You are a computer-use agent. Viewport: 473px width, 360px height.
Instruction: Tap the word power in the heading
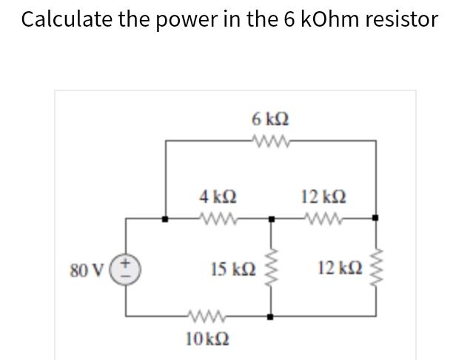pyautogui.click(x=189, y=19)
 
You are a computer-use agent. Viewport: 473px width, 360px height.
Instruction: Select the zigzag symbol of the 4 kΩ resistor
pyautogui.click(x=219, y=219)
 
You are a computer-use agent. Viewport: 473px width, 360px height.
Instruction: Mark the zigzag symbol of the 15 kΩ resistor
pyautogui.click(x=271, y=266)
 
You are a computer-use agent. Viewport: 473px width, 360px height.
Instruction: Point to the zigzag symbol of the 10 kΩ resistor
pyautogui.click(x=201, y=316)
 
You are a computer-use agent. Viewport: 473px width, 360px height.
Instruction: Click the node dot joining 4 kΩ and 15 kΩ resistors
pyautogui.click(x=271, y=219)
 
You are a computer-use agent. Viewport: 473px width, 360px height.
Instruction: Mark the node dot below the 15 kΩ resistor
pyautogui.click(x=271, y=316)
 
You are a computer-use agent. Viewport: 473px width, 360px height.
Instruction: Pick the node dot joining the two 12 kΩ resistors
pyautogui.click(x=375, y=219)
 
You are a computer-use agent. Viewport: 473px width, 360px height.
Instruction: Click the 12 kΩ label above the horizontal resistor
pyautogui.click(x=323, y=197)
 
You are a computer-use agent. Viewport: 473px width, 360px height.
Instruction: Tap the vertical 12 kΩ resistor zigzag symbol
pyautogui.click(x=375, y=266)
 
